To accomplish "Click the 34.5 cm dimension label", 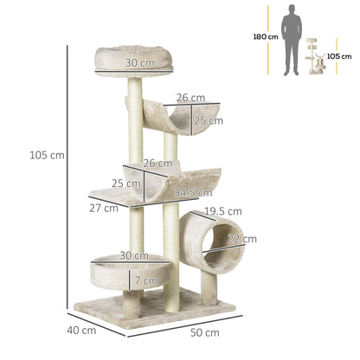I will point(194,192).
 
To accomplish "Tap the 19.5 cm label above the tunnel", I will point(222,210).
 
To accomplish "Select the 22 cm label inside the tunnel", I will point(235,239).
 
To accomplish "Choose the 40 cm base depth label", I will point(82,330).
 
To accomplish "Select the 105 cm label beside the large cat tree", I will point(46,156).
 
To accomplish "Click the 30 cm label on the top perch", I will point(134,62).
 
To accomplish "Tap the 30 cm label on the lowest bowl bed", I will point(133,255).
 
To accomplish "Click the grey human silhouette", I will point(292,39).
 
